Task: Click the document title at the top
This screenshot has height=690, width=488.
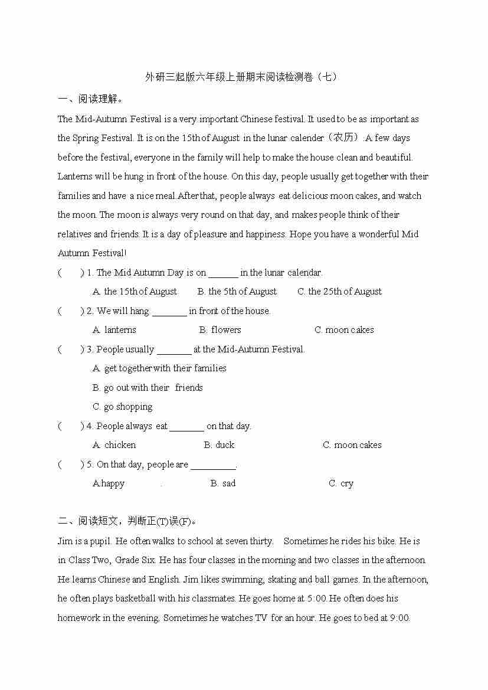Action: coord(243,77)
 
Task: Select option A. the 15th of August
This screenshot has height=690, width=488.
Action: coord(135,292)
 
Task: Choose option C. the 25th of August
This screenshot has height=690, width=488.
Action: coord(339,292)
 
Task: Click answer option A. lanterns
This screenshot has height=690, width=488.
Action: coord(114,330)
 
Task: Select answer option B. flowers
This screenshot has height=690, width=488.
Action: coord(220,330)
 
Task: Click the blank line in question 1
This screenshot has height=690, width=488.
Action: coord(223,273)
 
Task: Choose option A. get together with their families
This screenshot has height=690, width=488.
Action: coord(159,368)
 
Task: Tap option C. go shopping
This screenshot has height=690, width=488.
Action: coord(122,407)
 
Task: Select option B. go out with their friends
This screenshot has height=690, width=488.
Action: coord(148,388)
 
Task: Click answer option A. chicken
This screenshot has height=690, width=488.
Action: coord(114,445)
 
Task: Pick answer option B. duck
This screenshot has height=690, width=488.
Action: coord(219,445)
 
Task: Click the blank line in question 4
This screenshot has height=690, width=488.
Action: coord(186,427)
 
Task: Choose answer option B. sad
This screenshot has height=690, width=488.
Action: coord(222,483)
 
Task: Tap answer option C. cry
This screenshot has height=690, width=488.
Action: coord(341,483)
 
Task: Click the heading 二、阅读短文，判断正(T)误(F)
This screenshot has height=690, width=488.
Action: coord(127,521)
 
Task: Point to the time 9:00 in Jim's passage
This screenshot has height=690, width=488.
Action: coord(399,618)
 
